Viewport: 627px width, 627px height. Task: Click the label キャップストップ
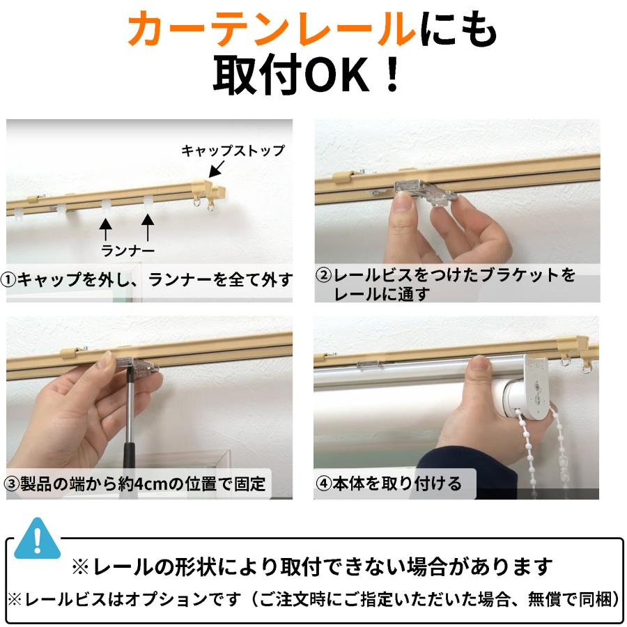pyautogui.click(x=233, y=150)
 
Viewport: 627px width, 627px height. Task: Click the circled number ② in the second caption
pyautogui.click(x=323, y=276)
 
